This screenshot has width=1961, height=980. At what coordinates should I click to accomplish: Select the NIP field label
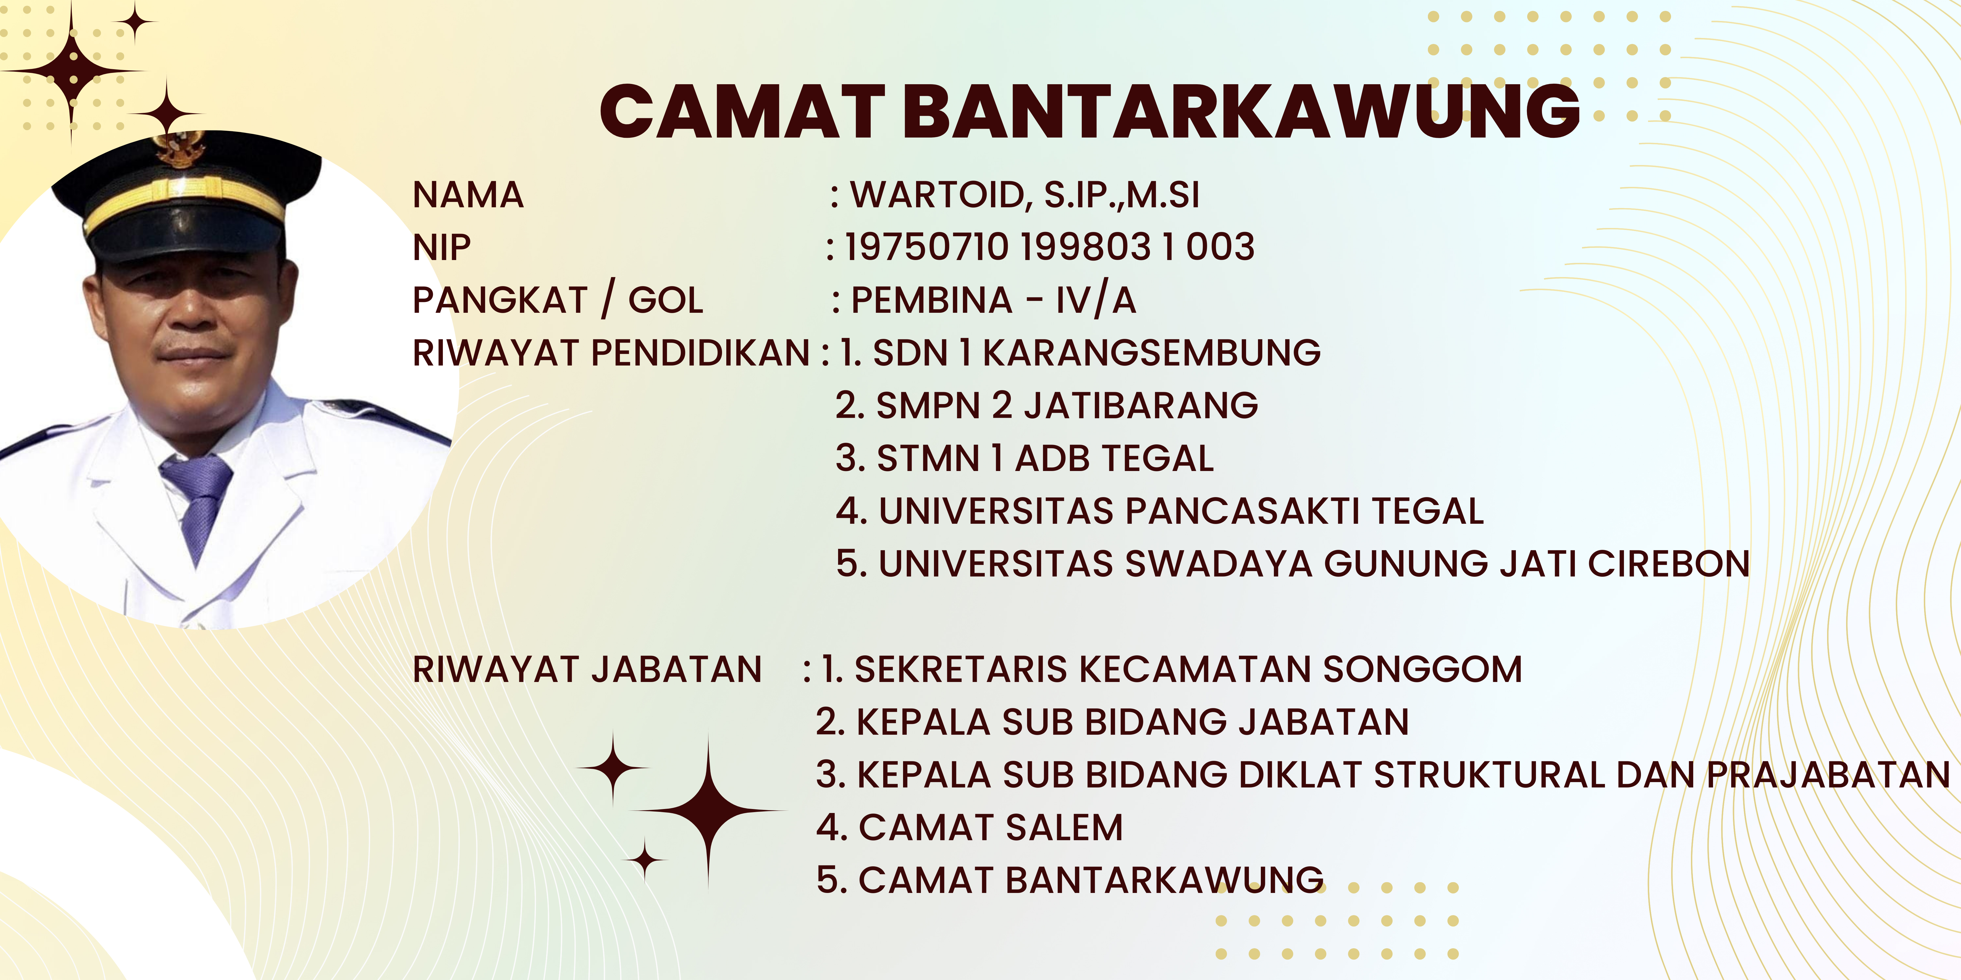441,247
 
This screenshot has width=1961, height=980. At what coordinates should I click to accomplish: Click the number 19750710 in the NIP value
926,247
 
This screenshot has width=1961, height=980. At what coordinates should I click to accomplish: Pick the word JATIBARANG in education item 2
1141,405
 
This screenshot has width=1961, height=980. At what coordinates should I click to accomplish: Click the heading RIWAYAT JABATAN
587,669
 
